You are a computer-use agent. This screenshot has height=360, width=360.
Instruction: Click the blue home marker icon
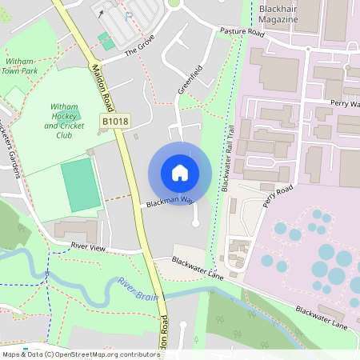[180, 173]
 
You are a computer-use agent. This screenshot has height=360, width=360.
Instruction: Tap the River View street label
[88, 247]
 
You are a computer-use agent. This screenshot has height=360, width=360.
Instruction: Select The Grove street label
[138, 52]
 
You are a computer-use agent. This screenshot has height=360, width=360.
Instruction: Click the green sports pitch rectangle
[78, 184]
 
